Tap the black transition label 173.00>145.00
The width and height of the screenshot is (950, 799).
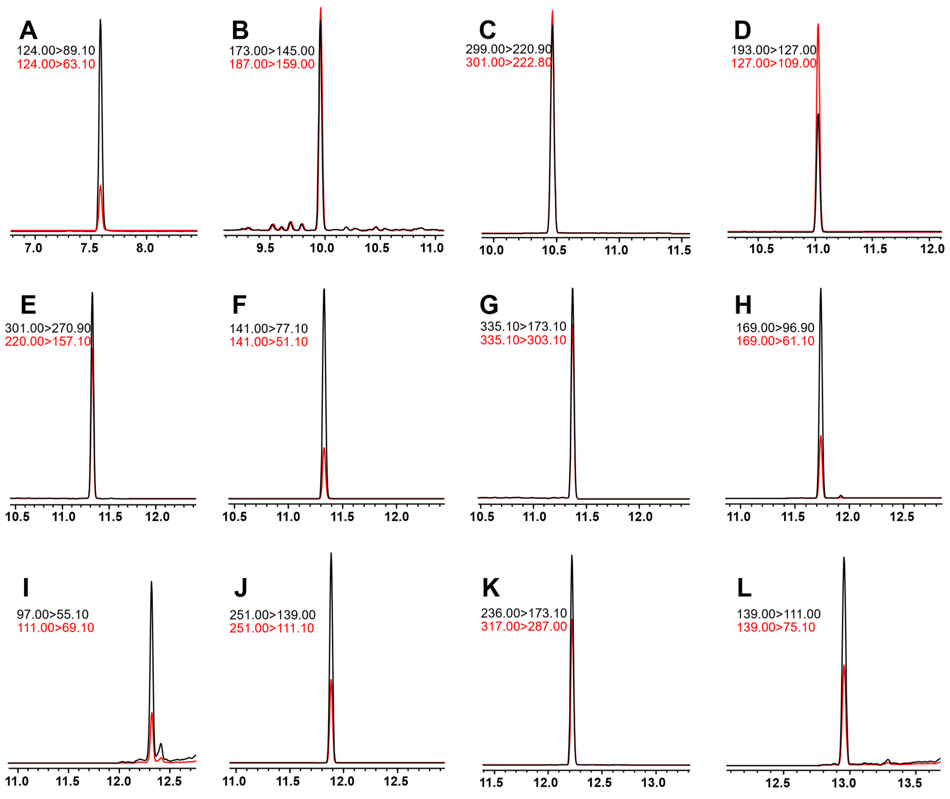[272, 51]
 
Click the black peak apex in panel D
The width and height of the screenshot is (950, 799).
[818, 114]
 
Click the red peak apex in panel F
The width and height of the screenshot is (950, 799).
[324, 448]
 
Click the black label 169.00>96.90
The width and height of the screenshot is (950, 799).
[775, 327]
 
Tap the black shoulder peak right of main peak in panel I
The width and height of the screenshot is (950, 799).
[161, 744]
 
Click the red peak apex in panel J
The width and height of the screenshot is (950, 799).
[332, 680]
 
